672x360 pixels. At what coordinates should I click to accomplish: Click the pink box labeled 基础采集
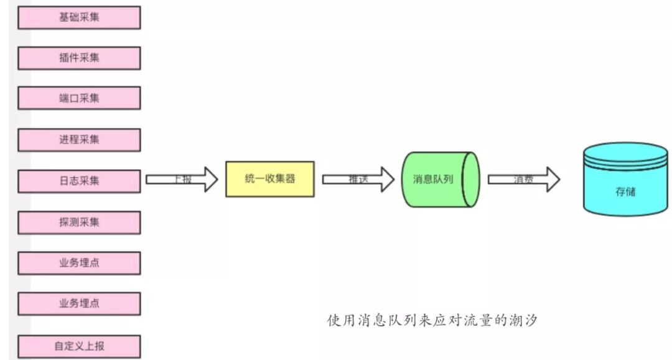click(x=79, y=17)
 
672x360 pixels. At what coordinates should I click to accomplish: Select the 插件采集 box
click(x=79, y=58)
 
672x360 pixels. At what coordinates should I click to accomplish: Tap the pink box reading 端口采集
click(x=79, y=98)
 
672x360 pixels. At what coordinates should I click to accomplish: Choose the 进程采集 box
click(x=79, y=139)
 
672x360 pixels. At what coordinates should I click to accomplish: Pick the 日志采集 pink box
click(x=79, y=180)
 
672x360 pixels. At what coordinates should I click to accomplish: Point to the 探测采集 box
click(x=79, y=222)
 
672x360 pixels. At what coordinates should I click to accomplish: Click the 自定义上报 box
click(x=79, y=346)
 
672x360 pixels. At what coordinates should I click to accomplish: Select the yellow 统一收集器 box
click(x=269, y=179)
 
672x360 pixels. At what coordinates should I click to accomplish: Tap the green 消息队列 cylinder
click(x=441, y=179)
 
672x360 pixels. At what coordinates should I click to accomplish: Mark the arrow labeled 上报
click(x=181, y=179)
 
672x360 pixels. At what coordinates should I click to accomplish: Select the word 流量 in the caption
click(x=476, y=321)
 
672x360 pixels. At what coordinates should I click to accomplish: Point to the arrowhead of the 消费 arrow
click(x=551, y=179)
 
